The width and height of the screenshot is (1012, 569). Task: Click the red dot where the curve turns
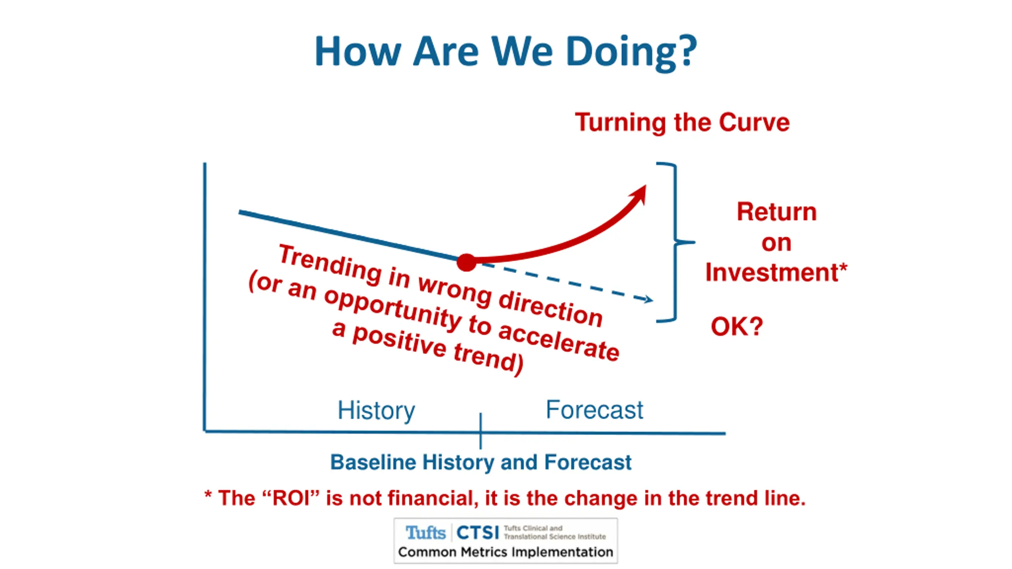click(466, 262)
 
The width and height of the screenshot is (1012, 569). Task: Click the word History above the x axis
click(376, 411)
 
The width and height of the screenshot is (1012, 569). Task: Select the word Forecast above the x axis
click(594, 410)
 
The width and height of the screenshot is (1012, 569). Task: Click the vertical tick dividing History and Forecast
click(481, 431)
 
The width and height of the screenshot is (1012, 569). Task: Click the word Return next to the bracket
click(777, 212)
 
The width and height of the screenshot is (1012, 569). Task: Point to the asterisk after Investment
click(843, 266)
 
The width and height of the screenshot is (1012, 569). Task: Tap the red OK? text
click(736, 326)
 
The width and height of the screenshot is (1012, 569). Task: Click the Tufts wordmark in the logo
click(425, 533)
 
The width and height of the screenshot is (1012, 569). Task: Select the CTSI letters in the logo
click(478, 533)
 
